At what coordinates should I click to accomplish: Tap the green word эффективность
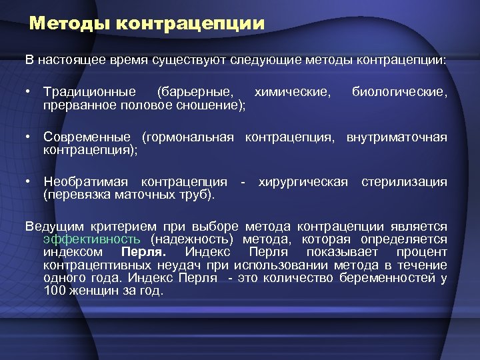(x=91, y=239)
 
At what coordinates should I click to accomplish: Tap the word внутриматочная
(x=397, y=137)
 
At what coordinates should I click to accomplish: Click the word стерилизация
(x=404, y=182)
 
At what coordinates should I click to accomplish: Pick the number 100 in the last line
(x=55, y=291)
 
